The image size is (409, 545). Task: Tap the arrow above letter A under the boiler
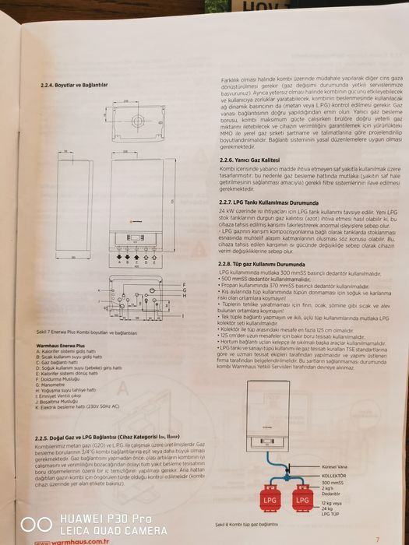coord(97,254)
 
